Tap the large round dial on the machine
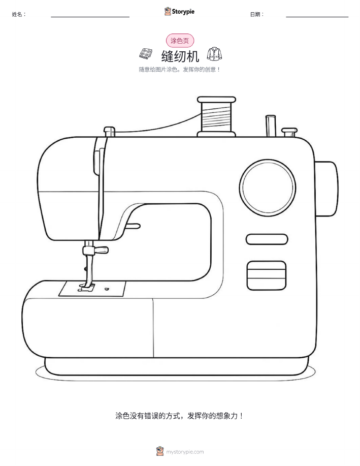[x=268, y=188]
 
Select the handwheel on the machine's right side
[x=326, y=189]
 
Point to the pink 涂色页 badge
[x=180, y=41]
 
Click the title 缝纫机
[x=180, y=56]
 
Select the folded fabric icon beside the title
[x=146, y=53]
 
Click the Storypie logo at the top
[x=179, y=12]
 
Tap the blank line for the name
[x=90, y=17]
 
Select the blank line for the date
[x=317, y=17]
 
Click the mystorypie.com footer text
[x=185, y=452]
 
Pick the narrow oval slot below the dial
[x=267, y=239]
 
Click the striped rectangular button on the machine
[x=267, y=275]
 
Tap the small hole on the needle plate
[x=106, y=288]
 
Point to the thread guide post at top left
[x=109, y=131]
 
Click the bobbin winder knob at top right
[x=289, y=132]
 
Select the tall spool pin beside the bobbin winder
[x=271, y=126]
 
